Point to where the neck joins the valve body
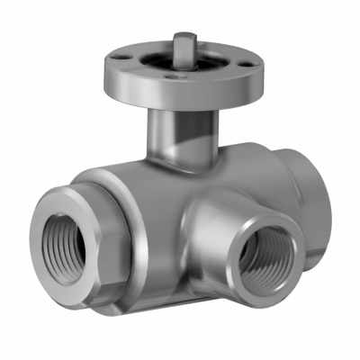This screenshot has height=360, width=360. [180, 162]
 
